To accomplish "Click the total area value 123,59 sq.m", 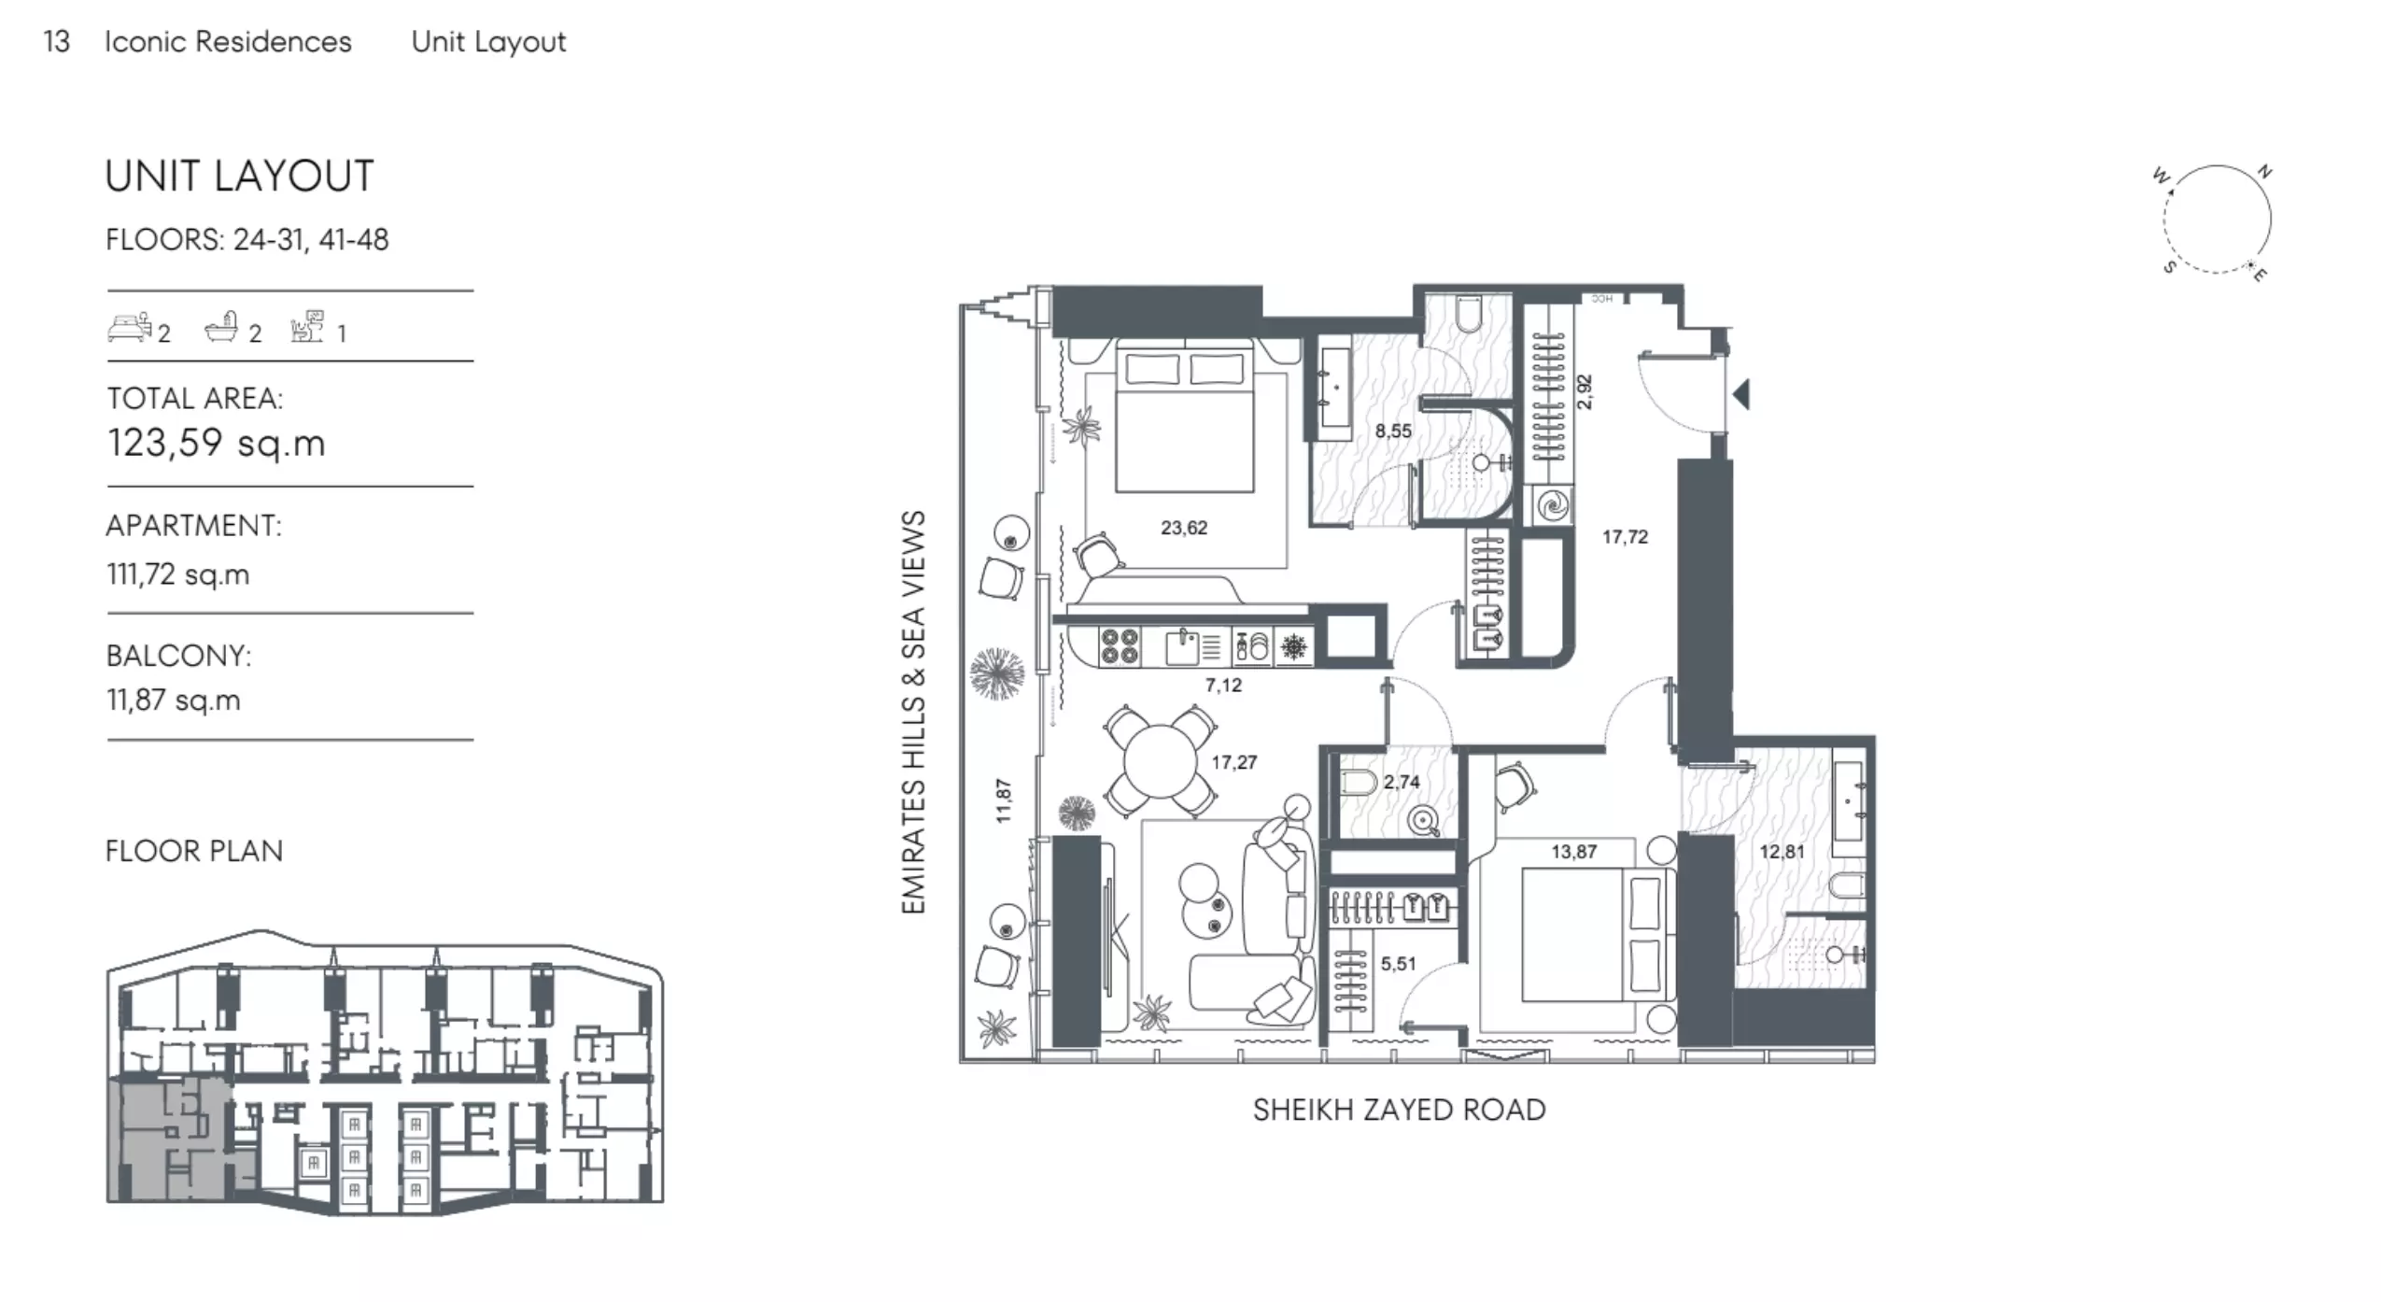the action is coord(217,443).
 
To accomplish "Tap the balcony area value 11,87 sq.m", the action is coord(174,700).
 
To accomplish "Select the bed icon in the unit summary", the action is coord(129,328).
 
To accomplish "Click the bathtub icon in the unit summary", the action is coord(223,328).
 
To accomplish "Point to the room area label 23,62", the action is coord(1184,528).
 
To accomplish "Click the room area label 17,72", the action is coord(1625,537).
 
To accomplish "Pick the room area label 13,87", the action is coord(1574,852).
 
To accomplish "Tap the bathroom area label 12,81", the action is coord(1782,852).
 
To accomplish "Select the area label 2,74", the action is coord(1402,783).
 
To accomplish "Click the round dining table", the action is coord(1160,761).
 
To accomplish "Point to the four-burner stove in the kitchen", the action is coord(1119,645).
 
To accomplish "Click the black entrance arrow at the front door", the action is coord(1741,393).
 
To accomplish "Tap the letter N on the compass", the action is coord(2264,172).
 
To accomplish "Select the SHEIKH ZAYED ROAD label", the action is coord(1399,1110).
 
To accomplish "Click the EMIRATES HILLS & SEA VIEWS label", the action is coord(913,712).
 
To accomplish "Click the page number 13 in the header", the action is coord(56,42).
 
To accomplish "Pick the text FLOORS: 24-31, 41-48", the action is coord(247,240).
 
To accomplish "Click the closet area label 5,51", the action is coord(1398,964).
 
